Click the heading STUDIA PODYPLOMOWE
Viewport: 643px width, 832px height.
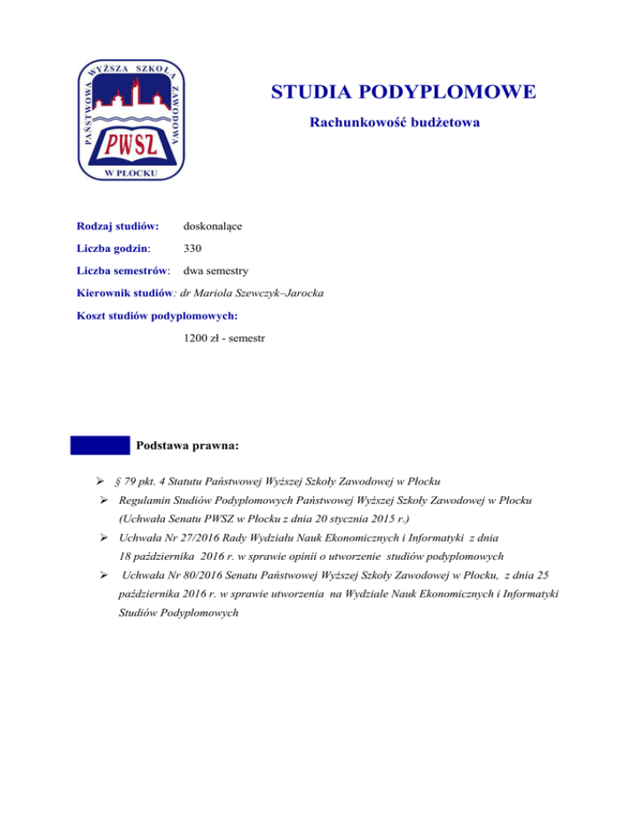click(404, 91)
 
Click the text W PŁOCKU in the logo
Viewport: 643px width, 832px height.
click(132, 172)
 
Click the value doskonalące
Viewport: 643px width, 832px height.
click(213, 226)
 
